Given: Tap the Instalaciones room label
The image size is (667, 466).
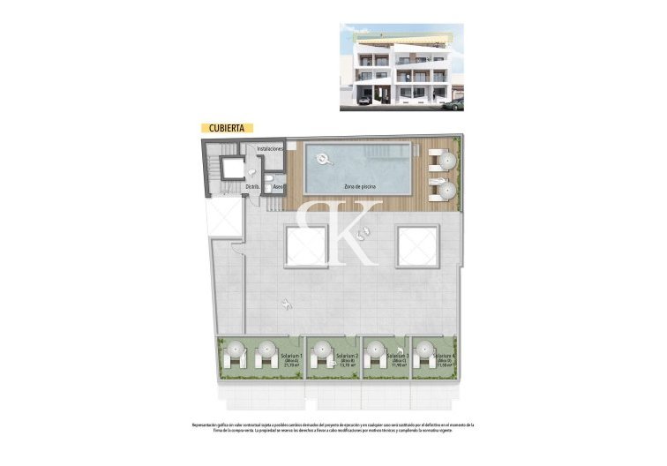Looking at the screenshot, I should click(269, 149).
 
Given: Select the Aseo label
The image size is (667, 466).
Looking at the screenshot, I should click(277, 187).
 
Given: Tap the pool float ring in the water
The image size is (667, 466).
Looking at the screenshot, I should click(323, 160).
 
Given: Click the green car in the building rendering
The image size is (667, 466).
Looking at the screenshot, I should click(453, 105).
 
